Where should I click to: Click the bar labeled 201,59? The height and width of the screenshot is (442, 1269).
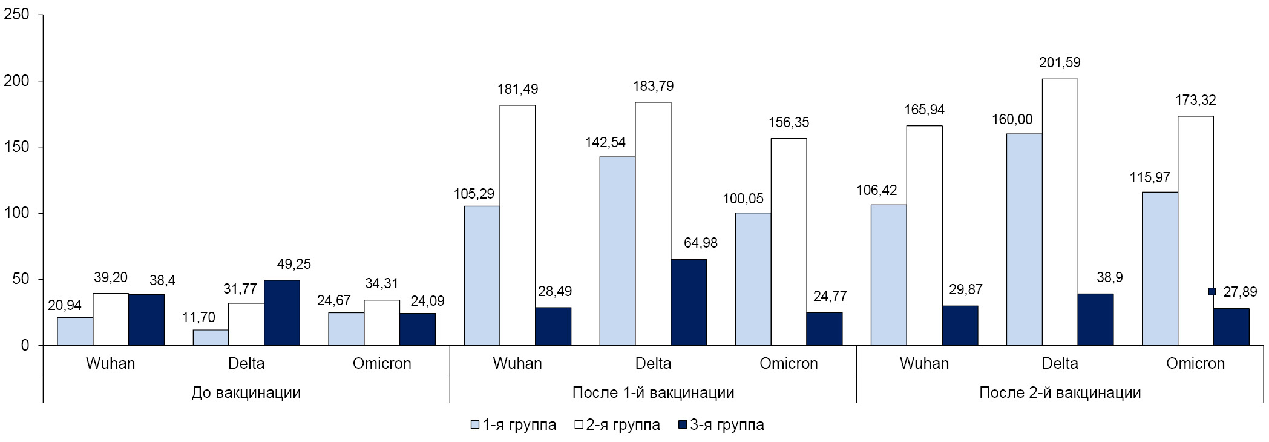click(1060, 212)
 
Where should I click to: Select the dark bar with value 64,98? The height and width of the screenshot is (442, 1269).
click(689, 302)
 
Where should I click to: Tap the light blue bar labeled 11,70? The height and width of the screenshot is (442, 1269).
click(211, 337)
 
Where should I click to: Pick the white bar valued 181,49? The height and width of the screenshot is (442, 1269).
click(517, 225)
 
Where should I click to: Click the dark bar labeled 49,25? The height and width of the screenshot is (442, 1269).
click(282, 312)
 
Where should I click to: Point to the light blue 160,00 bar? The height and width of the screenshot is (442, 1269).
click(1024, 239)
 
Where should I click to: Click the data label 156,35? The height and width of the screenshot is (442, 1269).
click(789, 123)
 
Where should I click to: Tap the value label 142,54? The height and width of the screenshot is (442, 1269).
click(605, 143)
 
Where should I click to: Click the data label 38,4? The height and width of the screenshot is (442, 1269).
click(162, 281)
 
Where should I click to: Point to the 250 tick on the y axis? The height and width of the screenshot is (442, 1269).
click(16, 15)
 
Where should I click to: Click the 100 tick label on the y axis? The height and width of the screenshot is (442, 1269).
click(16, 213)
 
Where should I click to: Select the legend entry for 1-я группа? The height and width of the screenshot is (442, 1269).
click(513, 425)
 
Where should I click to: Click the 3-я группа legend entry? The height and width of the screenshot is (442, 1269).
click(721, 425)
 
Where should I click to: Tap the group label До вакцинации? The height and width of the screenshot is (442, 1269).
click(246, 392)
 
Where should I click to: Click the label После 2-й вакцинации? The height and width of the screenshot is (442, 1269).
click(1060, 392)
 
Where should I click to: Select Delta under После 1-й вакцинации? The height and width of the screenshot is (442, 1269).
click(653, 363)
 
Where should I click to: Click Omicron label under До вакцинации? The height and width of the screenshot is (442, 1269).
click(382, 363)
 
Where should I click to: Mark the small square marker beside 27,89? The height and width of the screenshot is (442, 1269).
click(1212, 292)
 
